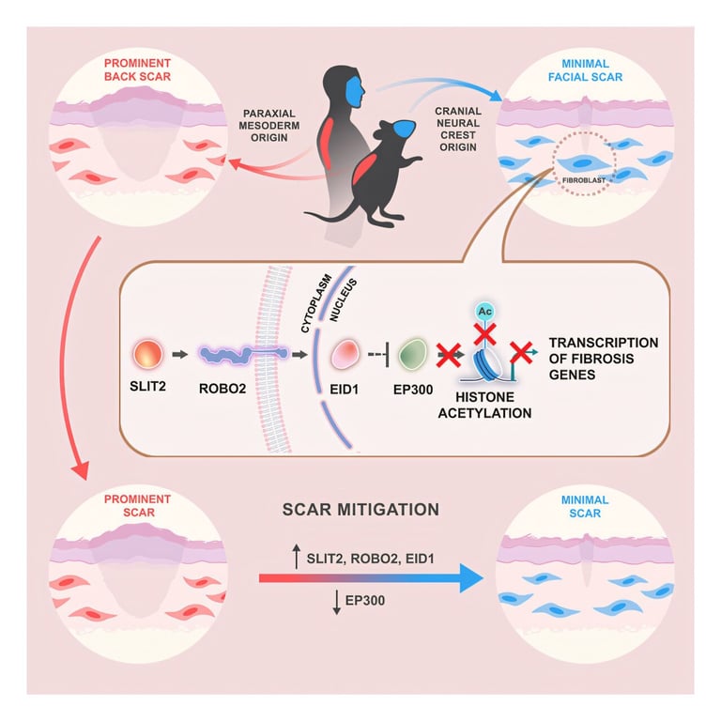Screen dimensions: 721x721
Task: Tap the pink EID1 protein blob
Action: tap(344, 358)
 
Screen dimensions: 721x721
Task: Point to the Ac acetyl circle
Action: tap(485, 310)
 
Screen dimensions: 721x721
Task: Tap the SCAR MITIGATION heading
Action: tap(361, 510)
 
